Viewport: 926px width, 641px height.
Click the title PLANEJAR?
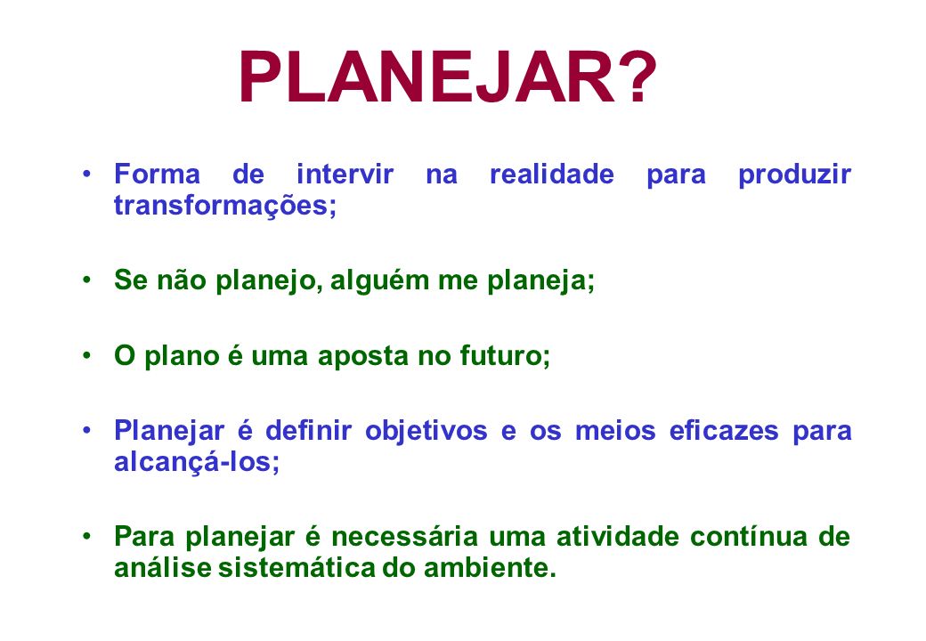click(x=448, y=77)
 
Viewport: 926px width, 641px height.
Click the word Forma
click(x=157, y=174)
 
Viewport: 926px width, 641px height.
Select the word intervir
click(x=345, y=174)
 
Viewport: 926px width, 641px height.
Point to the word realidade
click(x=552, y=174)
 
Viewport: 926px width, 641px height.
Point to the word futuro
click(x=505, y=356)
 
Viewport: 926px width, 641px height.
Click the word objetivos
click(x=426, y=432)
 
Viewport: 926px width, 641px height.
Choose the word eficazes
click(x=724, y=430)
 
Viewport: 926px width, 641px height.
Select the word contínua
click(x=749, y=537)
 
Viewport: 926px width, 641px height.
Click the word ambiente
click(x=491, y=568)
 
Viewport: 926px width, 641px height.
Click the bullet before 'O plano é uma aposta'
click(x=87, y=356)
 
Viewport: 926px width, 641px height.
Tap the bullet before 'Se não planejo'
click(x=87, y=280)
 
